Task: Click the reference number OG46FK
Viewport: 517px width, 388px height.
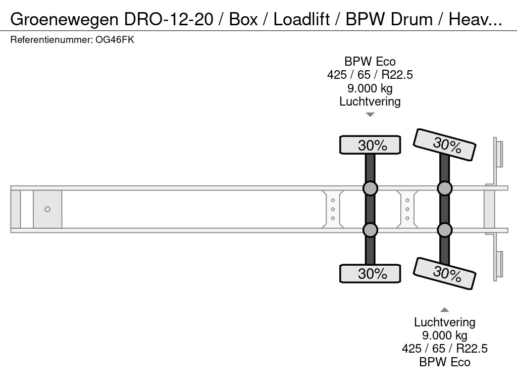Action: [115, 40]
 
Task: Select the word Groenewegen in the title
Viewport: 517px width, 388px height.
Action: [64, 19]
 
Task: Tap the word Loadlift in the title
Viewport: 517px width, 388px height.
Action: [302, 19]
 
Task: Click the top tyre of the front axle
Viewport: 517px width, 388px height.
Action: [370, 145]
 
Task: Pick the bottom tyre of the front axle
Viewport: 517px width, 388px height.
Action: [370, 273]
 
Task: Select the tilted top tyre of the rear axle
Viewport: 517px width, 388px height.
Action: [444, 144]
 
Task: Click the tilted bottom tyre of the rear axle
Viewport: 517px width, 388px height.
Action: [444, 273]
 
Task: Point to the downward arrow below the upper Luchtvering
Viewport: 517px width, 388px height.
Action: [370, 115]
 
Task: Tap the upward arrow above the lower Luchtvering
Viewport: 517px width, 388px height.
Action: [444, 310]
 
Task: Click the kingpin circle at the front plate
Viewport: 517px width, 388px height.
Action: [47, 209]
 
